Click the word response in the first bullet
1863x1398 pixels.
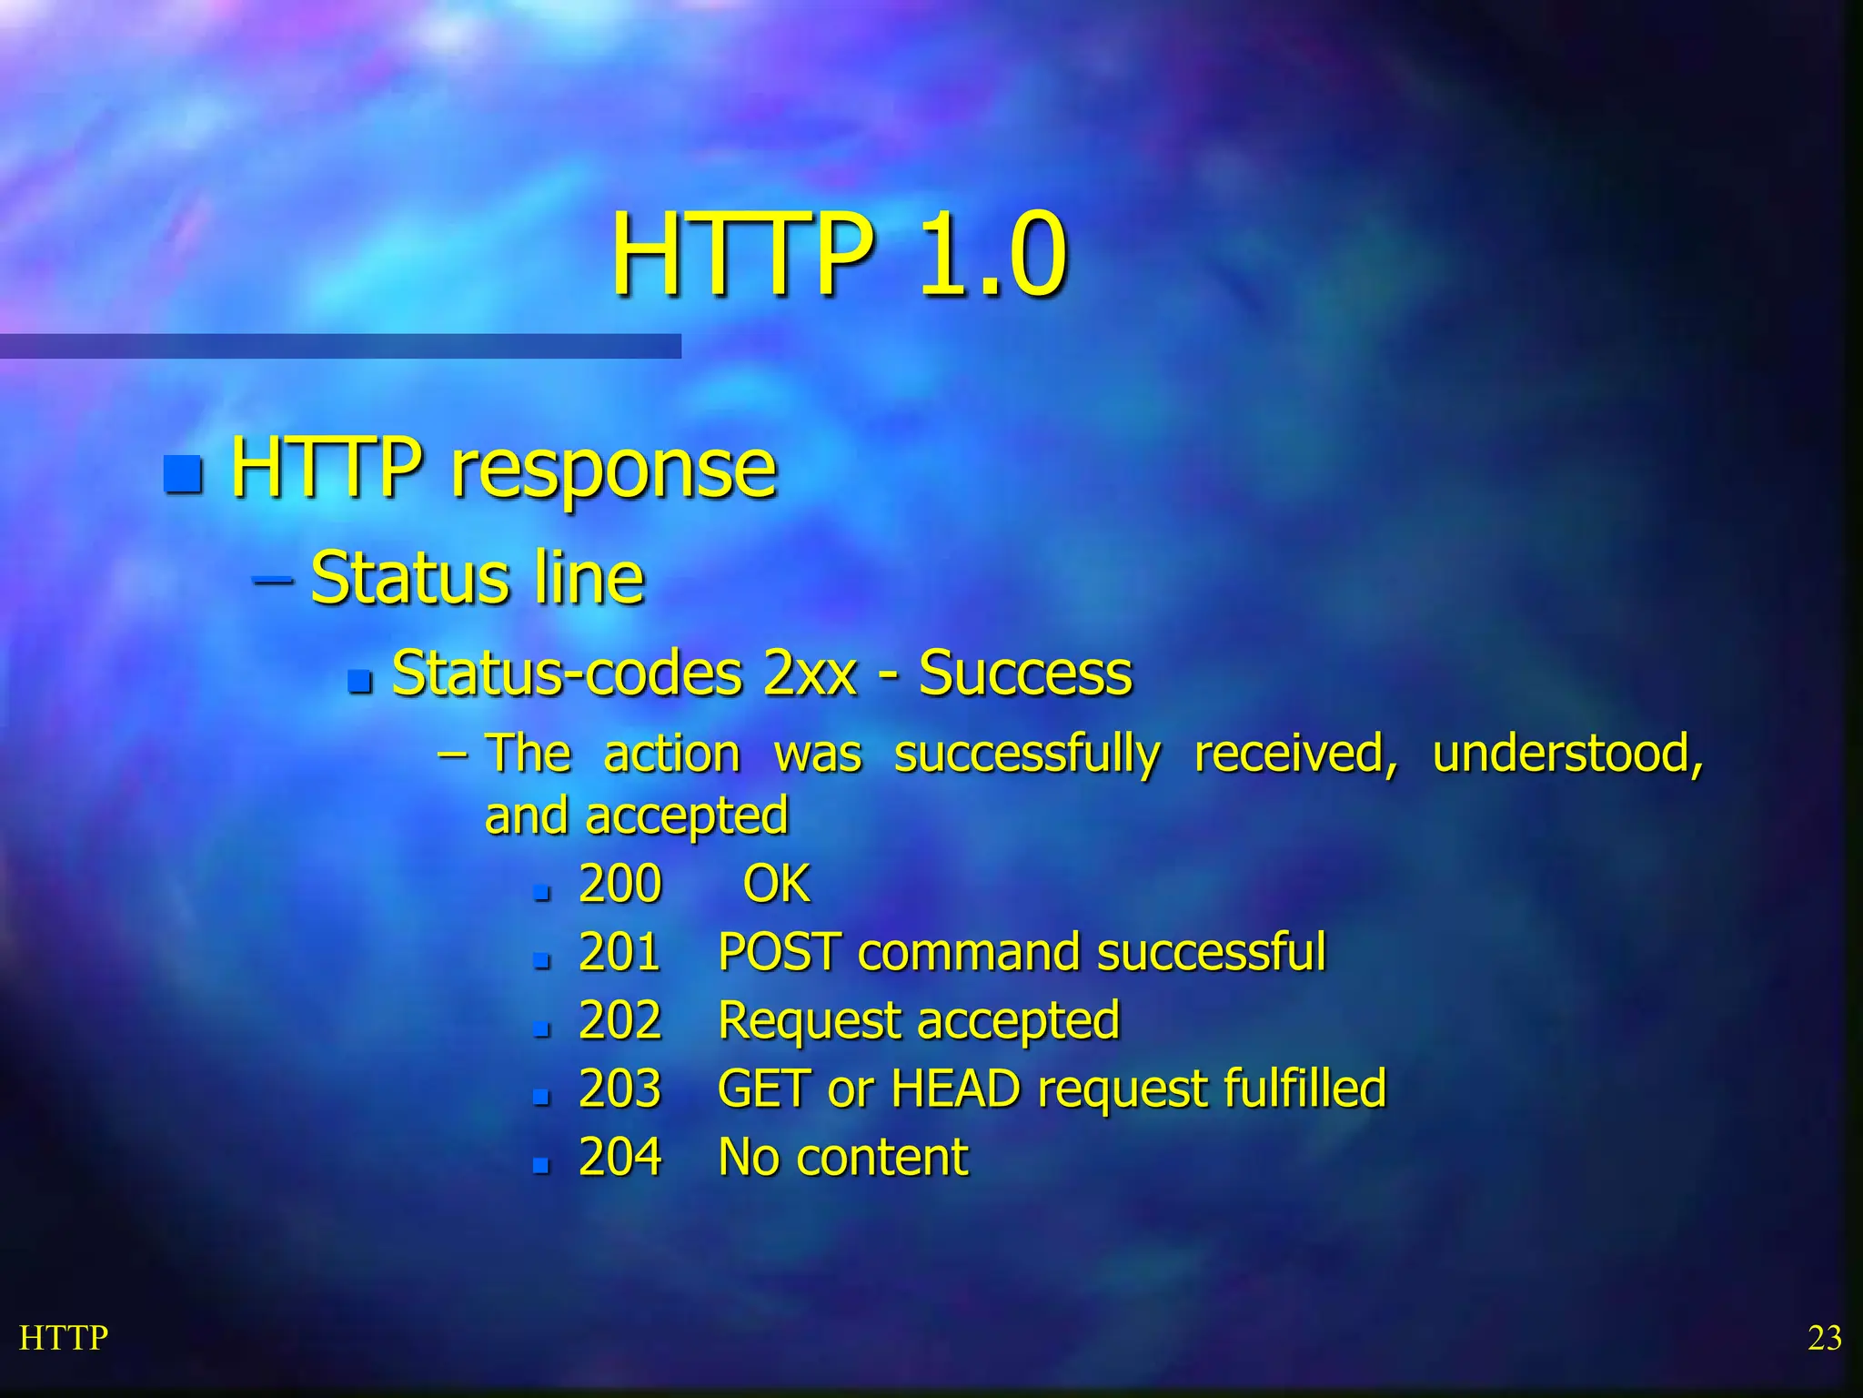pos(614,470)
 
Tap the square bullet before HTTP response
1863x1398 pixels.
pos(183,473)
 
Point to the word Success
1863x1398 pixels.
pos(1025,674)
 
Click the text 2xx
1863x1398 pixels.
pos(811,674)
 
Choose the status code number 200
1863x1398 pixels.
pos(619,884)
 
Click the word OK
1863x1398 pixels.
pos(776,884)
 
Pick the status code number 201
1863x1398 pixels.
pos(619,952)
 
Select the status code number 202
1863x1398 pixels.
pos(619,1020)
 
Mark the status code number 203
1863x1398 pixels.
pos(619,1089)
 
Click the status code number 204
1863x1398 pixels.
pos(619,1157)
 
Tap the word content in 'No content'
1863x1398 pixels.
pos(881,1158)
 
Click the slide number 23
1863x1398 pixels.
pos(1824,1338)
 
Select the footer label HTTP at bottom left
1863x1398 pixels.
pos(64,1338)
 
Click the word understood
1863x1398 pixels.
pos(1567,755)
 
